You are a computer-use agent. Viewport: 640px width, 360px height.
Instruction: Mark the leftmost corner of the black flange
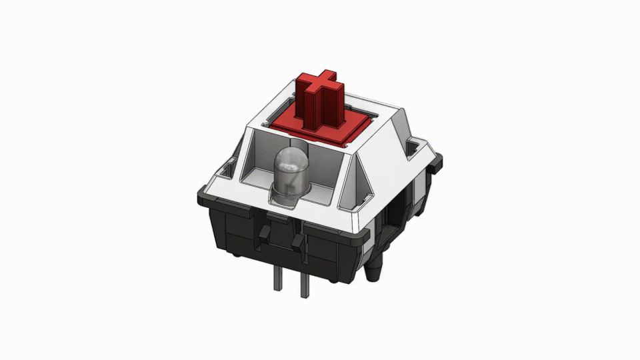199,197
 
